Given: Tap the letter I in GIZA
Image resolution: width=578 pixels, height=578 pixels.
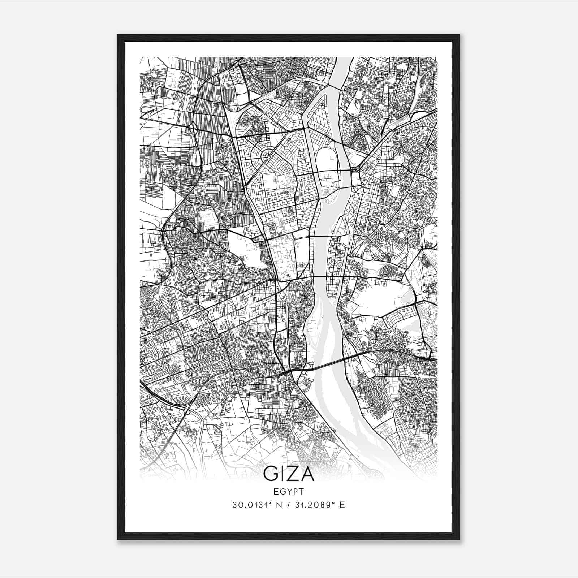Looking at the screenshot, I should click(283, 474).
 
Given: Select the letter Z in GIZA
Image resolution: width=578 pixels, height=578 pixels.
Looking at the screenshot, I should click(293, 474).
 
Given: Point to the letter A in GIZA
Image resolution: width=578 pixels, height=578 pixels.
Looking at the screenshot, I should click(307, 474).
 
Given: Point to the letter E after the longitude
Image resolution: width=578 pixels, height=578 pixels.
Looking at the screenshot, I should click(342, 505).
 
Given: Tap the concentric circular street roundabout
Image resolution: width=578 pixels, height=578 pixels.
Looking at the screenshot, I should click(266, 155).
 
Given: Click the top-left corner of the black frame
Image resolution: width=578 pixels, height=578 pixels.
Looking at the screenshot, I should click(118, 35).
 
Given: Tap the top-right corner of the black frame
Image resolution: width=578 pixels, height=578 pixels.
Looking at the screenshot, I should click(458, 35).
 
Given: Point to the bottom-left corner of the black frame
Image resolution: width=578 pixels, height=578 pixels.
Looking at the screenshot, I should click(118, 539).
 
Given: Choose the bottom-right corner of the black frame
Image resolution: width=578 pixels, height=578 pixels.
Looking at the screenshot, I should click(458, 539).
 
